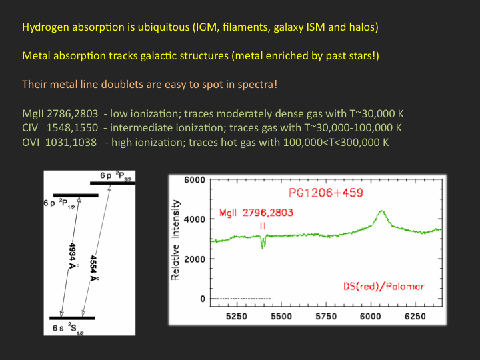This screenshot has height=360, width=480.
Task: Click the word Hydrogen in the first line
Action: click(x=46, y=27)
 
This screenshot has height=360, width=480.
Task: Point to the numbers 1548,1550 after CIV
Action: click(x=72, y=128)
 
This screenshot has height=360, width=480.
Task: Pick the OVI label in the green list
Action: click(x=31, y=143)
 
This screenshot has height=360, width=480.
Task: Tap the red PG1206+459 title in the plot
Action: click(x=326, y=193)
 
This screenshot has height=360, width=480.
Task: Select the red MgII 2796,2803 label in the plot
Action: click(x=256, y=213)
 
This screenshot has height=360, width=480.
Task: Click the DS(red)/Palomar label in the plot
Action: click(x=384, y=286)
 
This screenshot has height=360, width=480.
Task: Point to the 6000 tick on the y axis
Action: click(x=195, y=180)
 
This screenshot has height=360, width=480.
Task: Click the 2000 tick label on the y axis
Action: click(x=195, y=259)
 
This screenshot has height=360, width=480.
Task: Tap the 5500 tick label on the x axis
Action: click(x=281, y=316)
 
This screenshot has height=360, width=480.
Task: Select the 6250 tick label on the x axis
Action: click(x=415, y=316)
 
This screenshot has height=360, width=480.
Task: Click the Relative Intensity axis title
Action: click(x=175, y=240)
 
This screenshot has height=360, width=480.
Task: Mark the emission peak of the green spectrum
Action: click(x=381, y=211)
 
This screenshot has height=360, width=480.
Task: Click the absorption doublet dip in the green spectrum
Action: click(x=263, y=243)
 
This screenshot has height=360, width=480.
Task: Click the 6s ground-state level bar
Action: click(x=72, y=318)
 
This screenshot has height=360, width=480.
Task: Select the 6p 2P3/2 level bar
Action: click(x=113, y=183)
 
